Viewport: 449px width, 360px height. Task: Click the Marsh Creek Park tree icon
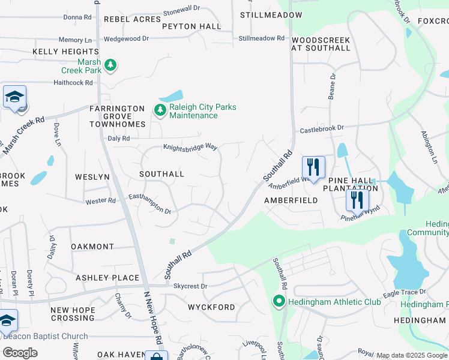[x=110, y=64]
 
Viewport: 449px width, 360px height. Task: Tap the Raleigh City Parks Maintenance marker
[x=159, y=110]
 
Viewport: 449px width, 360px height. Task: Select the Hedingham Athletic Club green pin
[x=279, y=301]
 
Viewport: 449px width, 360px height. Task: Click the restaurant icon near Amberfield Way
[x=313, y=167]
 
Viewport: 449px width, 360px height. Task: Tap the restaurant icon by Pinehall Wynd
[x=357, y=200]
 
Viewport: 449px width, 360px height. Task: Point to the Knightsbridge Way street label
[x=190, y=146]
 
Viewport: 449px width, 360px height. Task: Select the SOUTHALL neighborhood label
[x=161, y=174]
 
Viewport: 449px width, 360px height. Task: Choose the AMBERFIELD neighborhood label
[x=291, y=201]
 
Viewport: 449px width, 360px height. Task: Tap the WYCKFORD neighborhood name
[x=211, y=307]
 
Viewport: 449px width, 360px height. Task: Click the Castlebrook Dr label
[x=322, y=128]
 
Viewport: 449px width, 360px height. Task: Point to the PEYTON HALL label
[x=191, y=26]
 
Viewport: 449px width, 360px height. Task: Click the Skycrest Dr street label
[x=190, y=287]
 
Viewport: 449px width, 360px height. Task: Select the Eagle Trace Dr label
[x=405, y=292]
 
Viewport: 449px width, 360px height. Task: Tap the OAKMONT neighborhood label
[x=92, y=247]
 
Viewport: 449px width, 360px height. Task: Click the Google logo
[x=20, y=352]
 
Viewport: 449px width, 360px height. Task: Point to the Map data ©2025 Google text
[x=412, y=356]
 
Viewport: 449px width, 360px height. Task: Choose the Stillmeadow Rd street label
[x=261, y=38]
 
